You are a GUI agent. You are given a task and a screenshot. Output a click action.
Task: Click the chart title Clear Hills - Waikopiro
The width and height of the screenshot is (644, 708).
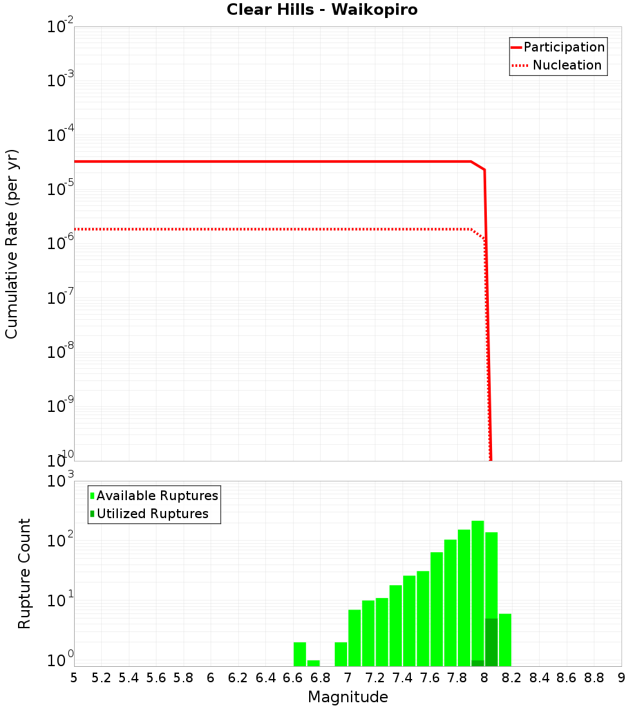tap(321, 10)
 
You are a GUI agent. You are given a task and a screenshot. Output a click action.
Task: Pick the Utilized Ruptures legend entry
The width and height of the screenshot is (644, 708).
tap(152, 514)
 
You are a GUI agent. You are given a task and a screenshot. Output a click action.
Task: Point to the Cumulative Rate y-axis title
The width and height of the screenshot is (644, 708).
tap(12, 243)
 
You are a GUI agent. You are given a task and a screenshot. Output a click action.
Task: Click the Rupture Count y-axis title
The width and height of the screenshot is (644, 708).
tap(24, 573)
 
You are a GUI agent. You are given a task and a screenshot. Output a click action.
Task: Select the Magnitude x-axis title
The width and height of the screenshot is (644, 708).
tap(348, 697)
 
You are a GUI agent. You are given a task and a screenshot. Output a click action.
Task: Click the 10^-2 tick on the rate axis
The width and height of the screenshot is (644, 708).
tap(60, 27)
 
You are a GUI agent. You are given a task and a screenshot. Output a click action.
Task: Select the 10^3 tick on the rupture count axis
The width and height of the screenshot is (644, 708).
tap(60, 481)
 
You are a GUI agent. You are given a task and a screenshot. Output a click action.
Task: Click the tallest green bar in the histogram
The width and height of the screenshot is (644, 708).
tap(478, 592)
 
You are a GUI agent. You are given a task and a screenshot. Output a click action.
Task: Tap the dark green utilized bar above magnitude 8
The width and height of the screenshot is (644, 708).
tap(491, 642)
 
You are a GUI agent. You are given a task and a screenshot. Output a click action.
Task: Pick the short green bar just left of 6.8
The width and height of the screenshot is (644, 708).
tap(314, 663)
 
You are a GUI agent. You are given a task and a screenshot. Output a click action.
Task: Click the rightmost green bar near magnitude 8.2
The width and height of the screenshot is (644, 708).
tap(505, 640)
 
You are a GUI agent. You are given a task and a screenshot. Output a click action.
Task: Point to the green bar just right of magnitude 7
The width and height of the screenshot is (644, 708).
tap(354, 637)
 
